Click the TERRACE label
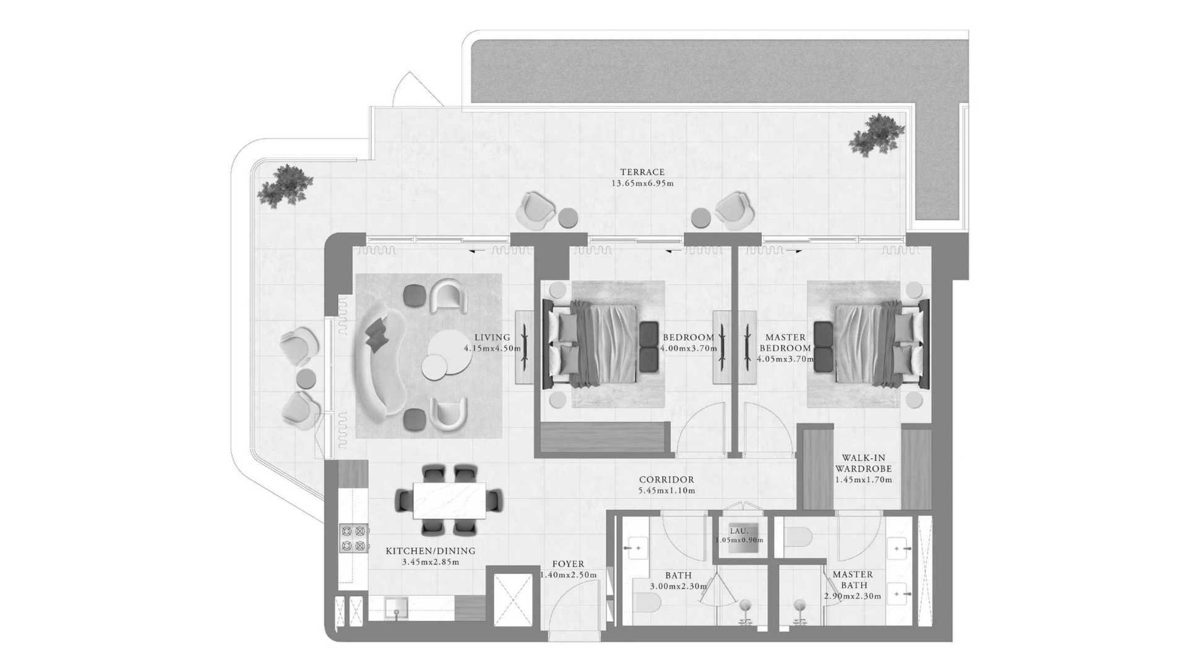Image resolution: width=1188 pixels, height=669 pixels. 642,172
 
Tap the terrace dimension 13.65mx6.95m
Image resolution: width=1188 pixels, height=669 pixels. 642,183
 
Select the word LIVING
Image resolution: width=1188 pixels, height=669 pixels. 493,338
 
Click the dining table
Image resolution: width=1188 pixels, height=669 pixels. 449,500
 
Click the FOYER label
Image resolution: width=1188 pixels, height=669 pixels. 568,564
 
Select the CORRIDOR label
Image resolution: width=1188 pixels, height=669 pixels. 666,479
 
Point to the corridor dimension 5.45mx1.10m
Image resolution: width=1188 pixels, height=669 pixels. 666,491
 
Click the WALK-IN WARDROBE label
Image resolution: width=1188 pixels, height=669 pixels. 864,463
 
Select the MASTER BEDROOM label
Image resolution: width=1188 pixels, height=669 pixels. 786,343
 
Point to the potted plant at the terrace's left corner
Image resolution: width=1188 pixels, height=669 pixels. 283,186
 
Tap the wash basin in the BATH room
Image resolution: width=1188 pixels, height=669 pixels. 634,548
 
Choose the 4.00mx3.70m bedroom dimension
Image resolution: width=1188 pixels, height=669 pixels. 689,348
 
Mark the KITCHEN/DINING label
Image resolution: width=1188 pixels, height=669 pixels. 431,551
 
